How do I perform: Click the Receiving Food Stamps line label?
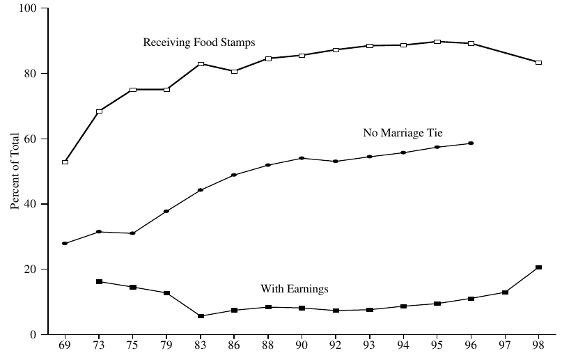(199, 42)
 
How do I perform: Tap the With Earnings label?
(295, 288)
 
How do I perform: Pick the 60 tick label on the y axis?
(33, 139)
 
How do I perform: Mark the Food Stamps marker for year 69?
(65, 162)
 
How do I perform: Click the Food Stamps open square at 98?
(538, 63)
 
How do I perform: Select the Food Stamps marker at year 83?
(201, 64)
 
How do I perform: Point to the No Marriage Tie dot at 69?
(65, 244)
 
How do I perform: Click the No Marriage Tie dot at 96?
(471, 143)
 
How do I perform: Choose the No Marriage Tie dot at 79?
(166, 211)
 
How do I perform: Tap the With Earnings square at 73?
(99, 281)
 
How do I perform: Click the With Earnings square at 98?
(538, 267)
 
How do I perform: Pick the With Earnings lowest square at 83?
(201, 316)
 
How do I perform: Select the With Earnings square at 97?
(505, 292)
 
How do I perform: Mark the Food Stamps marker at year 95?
(437, 42)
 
